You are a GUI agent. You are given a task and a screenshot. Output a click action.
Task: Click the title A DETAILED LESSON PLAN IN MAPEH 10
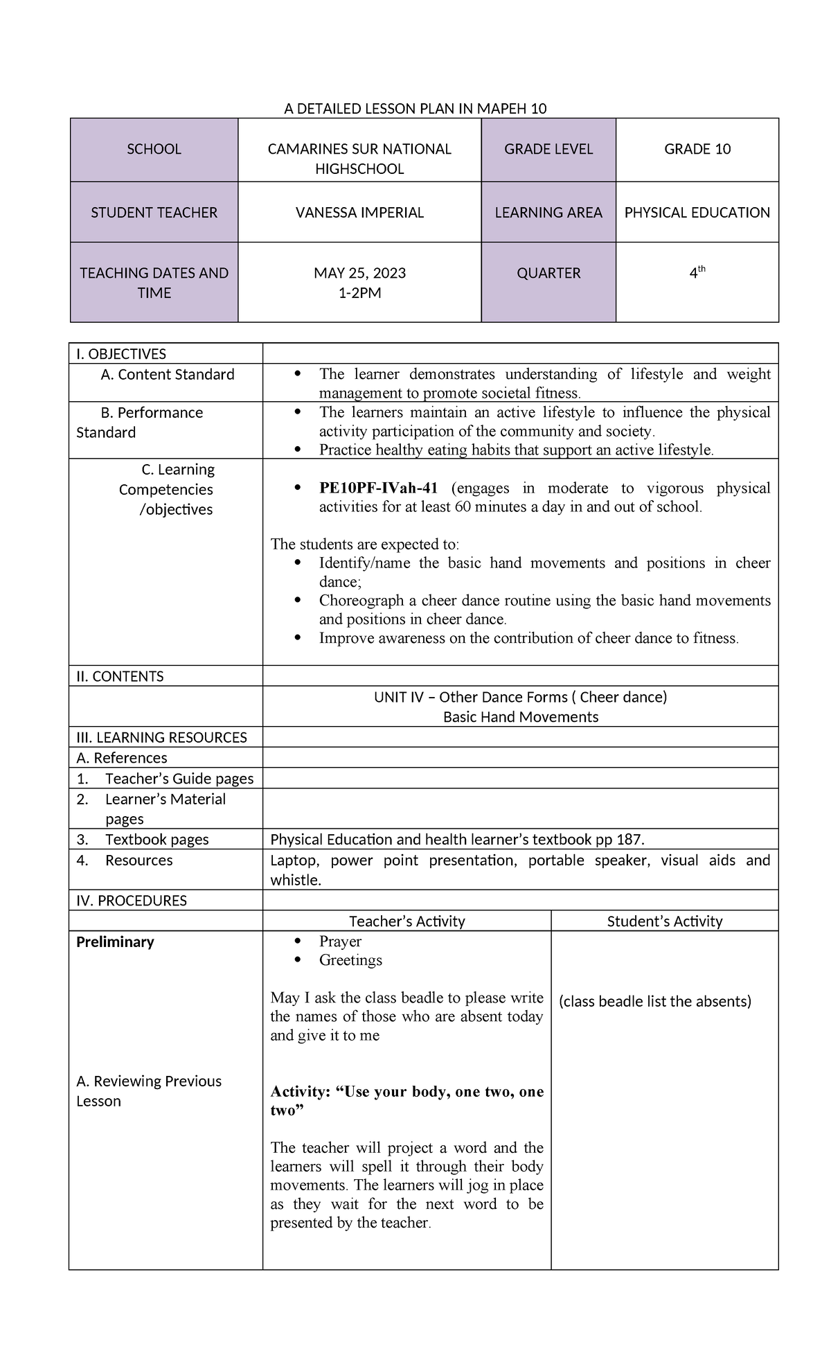point(415,109)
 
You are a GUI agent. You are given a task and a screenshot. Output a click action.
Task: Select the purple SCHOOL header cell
point(154,150)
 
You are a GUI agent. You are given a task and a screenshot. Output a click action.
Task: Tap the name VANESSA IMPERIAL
point(359,213)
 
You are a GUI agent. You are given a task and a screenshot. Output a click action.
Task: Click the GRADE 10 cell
point(697,150)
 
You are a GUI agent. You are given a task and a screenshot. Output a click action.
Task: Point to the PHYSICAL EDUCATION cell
point(697,213)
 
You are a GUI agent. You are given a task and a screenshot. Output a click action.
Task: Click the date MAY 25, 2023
point(359,273)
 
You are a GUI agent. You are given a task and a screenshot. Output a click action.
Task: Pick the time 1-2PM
point(359,293)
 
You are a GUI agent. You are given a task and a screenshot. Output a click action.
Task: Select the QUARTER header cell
point(548,273)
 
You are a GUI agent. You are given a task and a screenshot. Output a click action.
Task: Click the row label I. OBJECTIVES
point(121,354)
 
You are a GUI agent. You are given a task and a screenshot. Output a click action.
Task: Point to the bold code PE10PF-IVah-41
point(378,488)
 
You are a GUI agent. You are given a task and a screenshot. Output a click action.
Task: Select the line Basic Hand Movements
point(520,717)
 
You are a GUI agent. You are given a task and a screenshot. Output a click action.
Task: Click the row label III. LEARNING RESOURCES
point(161,737)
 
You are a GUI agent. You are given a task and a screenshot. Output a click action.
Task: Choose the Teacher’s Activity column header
point(406,921)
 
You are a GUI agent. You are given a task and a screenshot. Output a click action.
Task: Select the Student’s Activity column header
point(664,921)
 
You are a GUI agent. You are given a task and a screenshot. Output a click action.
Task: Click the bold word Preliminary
point(115,942)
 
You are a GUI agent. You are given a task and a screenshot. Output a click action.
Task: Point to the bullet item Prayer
point(340,942)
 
